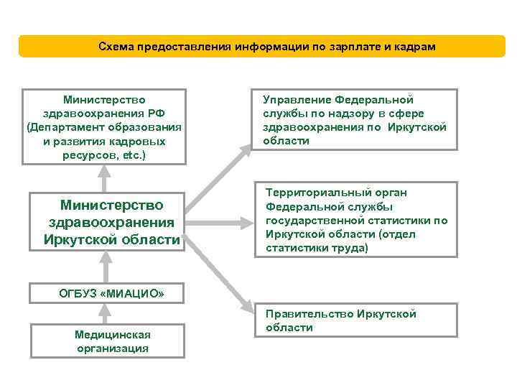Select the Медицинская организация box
[x=107, y=341]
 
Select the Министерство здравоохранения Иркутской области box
[x=108, y=222]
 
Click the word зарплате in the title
[x=349, y=46]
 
